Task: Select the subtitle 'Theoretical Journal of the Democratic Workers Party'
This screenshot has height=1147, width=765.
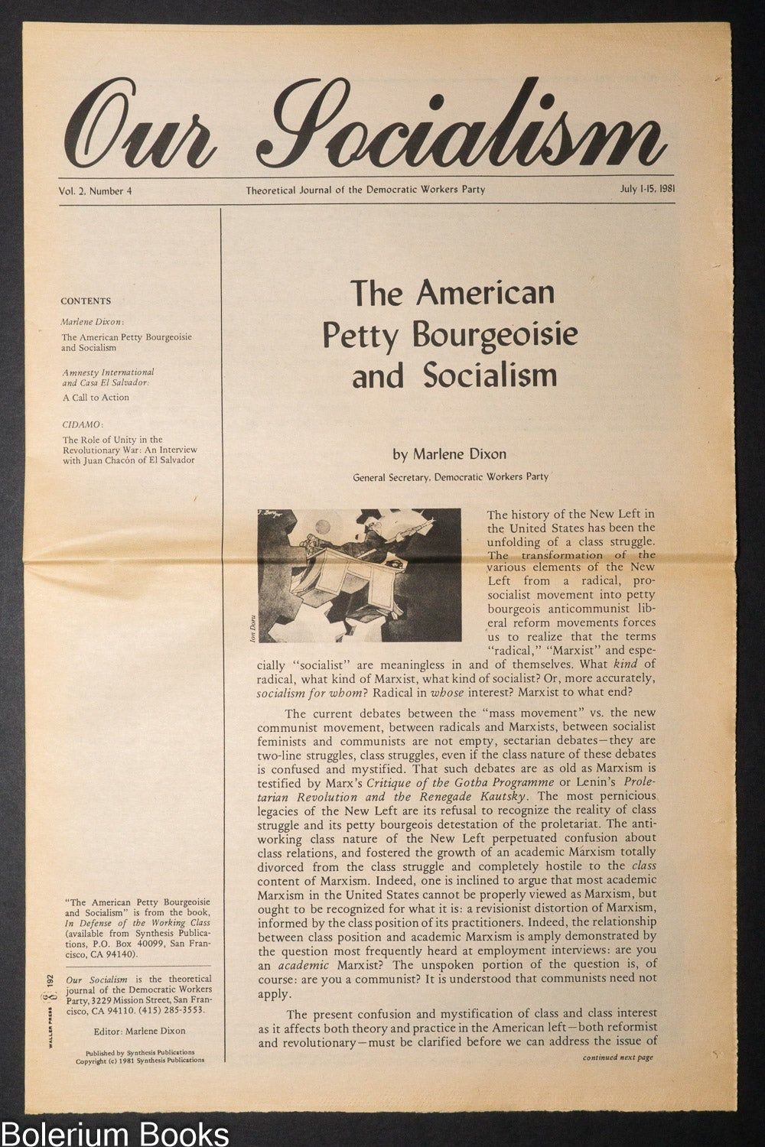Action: [365, 190]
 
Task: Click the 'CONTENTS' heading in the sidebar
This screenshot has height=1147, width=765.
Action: [86, 301]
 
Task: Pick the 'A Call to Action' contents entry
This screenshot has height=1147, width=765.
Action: [96, 398]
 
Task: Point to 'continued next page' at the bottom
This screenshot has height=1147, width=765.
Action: [617, 1058]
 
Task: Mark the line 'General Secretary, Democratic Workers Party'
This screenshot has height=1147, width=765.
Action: [451, 477]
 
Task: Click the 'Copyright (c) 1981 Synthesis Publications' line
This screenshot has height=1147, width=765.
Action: [140, 1061]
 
